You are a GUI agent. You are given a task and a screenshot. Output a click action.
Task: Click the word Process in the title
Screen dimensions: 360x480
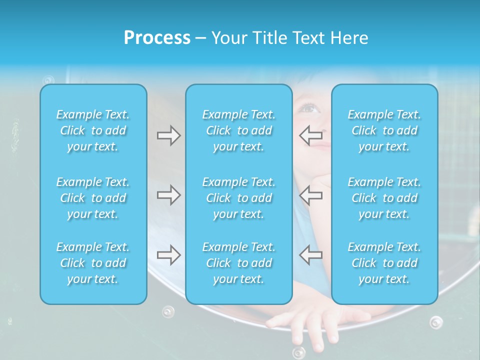coord(157,38)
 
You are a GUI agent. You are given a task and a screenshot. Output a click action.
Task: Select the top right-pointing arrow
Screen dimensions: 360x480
coord(168,135)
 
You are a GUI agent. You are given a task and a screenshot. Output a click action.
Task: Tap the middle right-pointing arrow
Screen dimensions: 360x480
coord(168,195)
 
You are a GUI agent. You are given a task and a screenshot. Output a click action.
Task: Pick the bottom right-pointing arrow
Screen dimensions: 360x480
coord(168,255)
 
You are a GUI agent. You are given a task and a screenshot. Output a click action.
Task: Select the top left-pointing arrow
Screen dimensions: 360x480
coord(310,134)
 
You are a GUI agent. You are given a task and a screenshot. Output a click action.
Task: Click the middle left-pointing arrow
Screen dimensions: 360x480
coord(310,195)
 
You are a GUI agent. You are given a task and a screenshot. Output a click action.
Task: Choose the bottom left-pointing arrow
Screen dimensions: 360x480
coord(310,255)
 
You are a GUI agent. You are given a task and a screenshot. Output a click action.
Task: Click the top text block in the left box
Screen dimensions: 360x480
coord(93,130)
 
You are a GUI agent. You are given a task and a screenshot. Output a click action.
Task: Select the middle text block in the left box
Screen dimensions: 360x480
coord(93,198)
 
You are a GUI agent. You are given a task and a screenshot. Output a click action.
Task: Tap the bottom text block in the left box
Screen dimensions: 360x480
coord(93,263)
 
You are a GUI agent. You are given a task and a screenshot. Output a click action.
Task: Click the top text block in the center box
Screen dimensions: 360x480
coord(239,130)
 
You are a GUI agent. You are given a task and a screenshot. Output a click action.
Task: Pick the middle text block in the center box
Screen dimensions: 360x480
coord(239,198)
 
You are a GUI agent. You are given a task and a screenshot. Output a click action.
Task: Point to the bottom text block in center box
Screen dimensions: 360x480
coord(239,263)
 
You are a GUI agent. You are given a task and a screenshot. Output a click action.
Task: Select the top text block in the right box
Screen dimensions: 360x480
coord(384,130)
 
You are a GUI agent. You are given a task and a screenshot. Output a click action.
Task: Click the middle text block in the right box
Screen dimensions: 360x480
coord(384,198)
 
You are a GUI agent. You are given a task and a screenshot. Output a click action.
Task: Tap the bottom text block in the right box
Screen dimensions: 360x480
coord(384,263)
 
